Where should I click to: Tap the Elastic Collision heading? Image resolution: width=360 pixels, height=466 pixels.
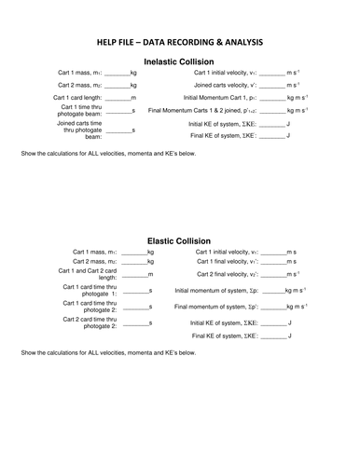click(180, 240)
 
